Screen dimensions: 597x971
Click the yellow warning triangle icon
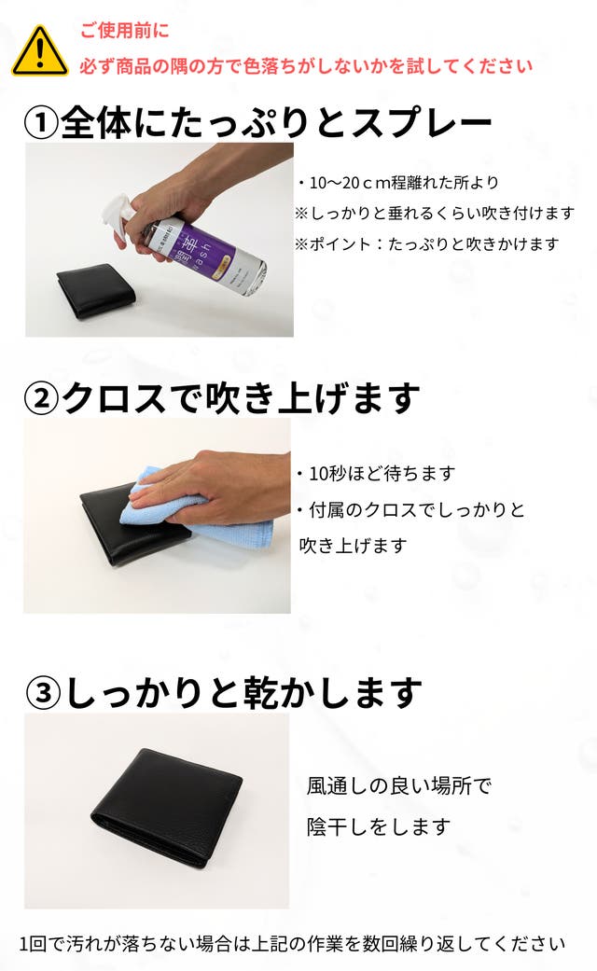(39, 51)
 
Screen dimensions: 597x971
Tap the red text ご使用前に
(124, 31)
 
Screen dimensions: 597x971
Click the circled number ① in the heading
(41, 122)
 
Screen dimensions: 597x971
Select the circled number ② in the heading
(41, 398)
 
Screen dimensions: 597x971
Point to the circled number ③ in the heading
(43, 693)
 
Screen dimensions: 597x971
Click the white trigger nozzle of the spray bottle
(117, 215)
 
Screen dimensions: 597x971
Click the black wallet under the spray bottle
(97, 290)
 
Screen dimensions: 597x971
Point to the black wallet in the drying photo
(167, 807)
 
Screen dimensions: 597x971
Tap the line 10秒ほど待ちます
(375, 474)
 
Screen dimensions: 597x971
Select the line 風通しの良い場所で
(399, 785)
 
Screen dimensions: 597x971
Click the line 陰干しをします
(379, 826)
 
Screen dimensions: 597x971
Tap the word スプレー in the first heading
(422, 122)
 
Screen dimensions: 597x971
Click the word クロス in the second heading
(114, 398)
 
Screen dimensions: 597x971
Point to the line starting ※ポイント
(426, 244)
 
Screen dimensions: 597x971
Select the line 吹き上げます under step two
(353, 546)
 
